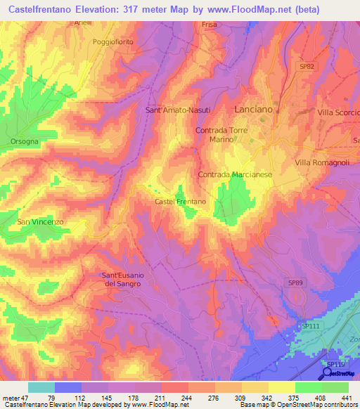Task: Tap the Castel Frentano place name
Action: [180, 202]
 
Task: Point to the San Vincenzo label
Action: [40, 221]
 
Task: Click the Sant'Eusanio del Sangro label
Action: [123, 279]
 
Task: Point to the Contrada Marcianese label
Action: [235, 174]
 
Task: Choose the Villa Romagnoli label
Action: [322, 162]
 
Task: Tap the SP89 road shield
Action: [296, 282]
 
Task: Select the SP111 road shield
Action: [309, 327]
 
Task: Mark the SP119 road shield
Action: [329, 364]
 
